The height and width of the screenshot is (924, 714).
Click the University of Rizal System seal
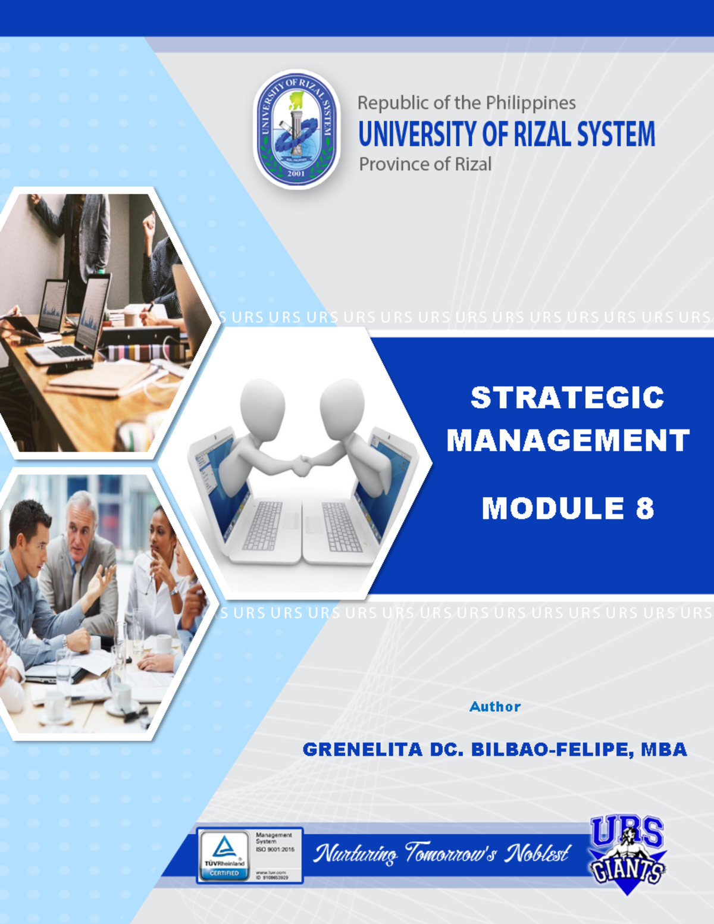[x=296, y=129]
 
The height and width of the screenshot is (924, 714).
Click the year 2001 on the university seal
[x=296, y=174]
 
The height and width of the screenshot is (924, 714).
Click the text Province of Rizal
[x=425, y=164]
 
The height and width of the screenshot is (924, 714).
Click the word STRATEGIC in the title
[x=567, y=397]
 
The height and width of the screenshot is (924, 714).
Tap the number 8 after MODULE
[x=644, y=509]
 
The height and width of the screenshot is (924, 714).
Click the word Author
[x=495, y=707]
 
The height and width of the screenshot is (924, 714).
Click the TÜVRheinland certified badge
[x=224, y=855]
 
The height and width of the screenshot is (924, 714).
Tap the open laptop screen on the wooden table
[x=92, y=312]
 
